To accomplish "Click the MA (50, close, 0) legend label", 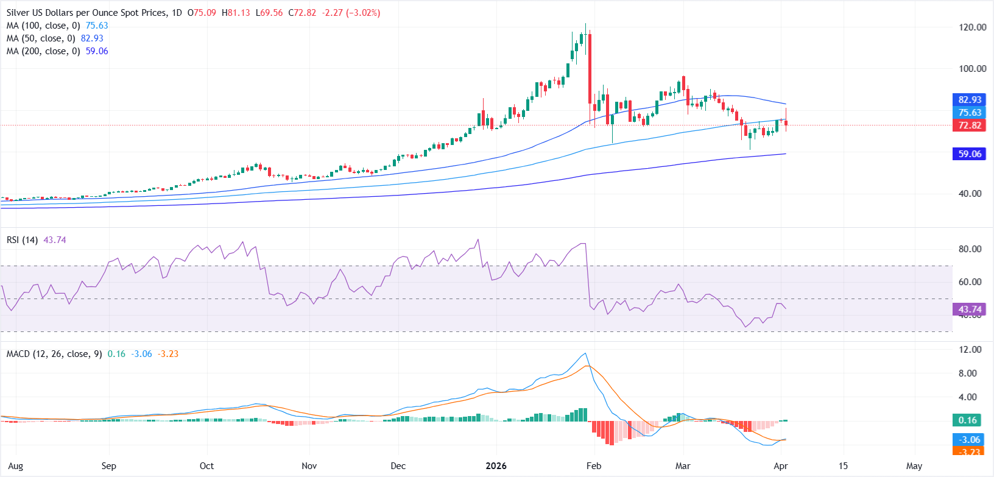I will tap(41, 38).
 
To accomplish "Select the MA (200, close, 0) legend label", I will tap(43, 51).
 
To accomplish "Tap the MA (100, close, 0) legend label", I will tap(43, 26).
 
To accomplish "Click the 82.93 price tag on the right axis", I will tap(969, 100).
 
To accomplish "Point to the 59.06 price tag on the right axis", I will tap(969, 154).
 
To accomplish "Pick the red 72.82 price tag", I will tap(969, 125).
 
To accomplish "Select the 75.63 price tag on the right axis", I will tap(969, 113).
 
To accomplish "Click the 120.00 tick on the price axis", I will tap(972, 27).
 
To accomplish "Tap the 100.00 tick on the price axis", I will tap(972, 69).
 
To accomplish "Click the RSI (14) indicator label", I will tap(22, 240).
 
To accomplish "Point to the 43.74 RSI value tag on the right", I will tap(969, 309).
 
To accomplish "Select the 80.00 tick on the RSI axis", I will tap(970, 249).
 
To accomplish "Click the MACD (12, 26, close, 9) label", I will tap(54, 354).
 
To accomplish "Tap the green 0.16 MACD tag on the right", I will tap(967, 420).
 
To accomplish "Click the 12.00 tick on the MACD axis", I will tap(970, 350).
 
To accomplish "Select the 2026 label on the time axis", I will tap(496, 466).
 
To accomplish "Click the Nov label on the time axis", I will tap(309, 466).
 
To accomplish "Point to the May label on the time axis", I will tap(914, 466).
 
